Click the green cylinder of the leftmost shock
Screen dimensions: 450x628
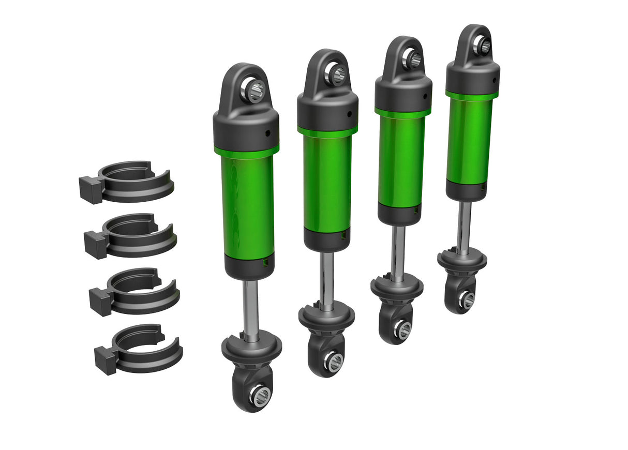pos(247,207)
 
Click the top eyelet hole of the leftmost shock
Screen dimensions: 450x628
pos(255,91)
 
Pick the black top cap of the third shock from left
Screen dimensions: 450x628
pos(403,93)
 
